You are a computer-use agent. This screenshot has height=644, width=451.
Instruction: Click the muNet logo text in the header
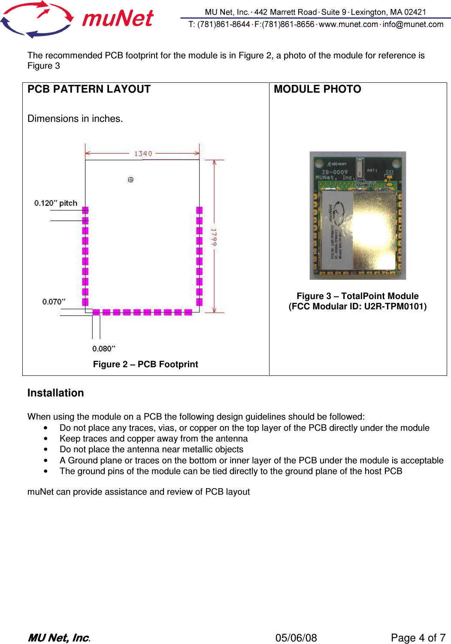118,19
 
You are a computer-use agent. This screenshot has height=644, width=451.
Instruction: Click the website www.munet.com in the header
348,24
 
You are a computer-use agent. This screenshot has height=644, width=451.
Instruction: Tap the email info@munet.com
413,24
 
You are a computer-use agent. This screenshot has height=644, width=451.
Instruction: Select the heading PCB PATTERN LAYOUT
89,89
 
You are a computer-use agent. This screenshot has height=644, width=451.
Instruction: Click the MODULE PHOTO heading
318,89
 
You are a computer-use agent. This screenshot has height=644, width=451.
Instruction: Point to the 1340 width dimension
143,154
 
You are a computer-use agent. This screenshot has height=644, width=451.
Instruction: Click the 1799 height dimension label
214,237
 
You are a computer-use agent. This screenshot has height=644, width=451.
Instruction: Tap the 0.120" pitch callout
56,203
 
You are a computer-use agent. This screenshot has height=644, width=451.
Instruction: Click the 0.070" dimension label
54,302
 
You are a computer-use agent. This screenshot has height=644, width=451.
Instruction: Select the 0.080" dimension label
104,348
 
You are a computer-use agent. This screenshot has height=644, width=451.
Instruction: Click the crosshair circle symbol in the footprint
131,180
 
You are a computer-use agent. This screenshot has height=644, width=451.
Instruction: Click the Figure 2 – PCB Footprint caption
145,364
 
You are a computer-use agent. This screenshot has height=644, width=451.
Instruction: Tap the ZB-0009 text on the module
335,172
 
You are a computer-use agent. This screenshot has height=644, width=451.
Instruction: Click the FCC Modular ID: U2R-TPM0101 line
357,306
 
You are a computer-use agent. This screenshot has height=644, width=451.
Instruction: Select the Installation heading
55,393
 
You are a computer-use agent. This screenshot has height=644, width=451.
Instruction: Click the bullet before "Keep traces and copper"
45,439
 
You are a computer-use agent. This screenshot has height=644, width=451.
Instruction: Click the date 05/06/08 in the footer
296,638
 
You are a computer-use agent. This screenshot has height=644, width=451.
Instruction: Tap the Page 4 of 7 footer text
418,638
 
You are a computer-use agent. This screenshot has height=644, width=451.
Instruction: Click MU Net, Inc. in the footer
59,638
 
